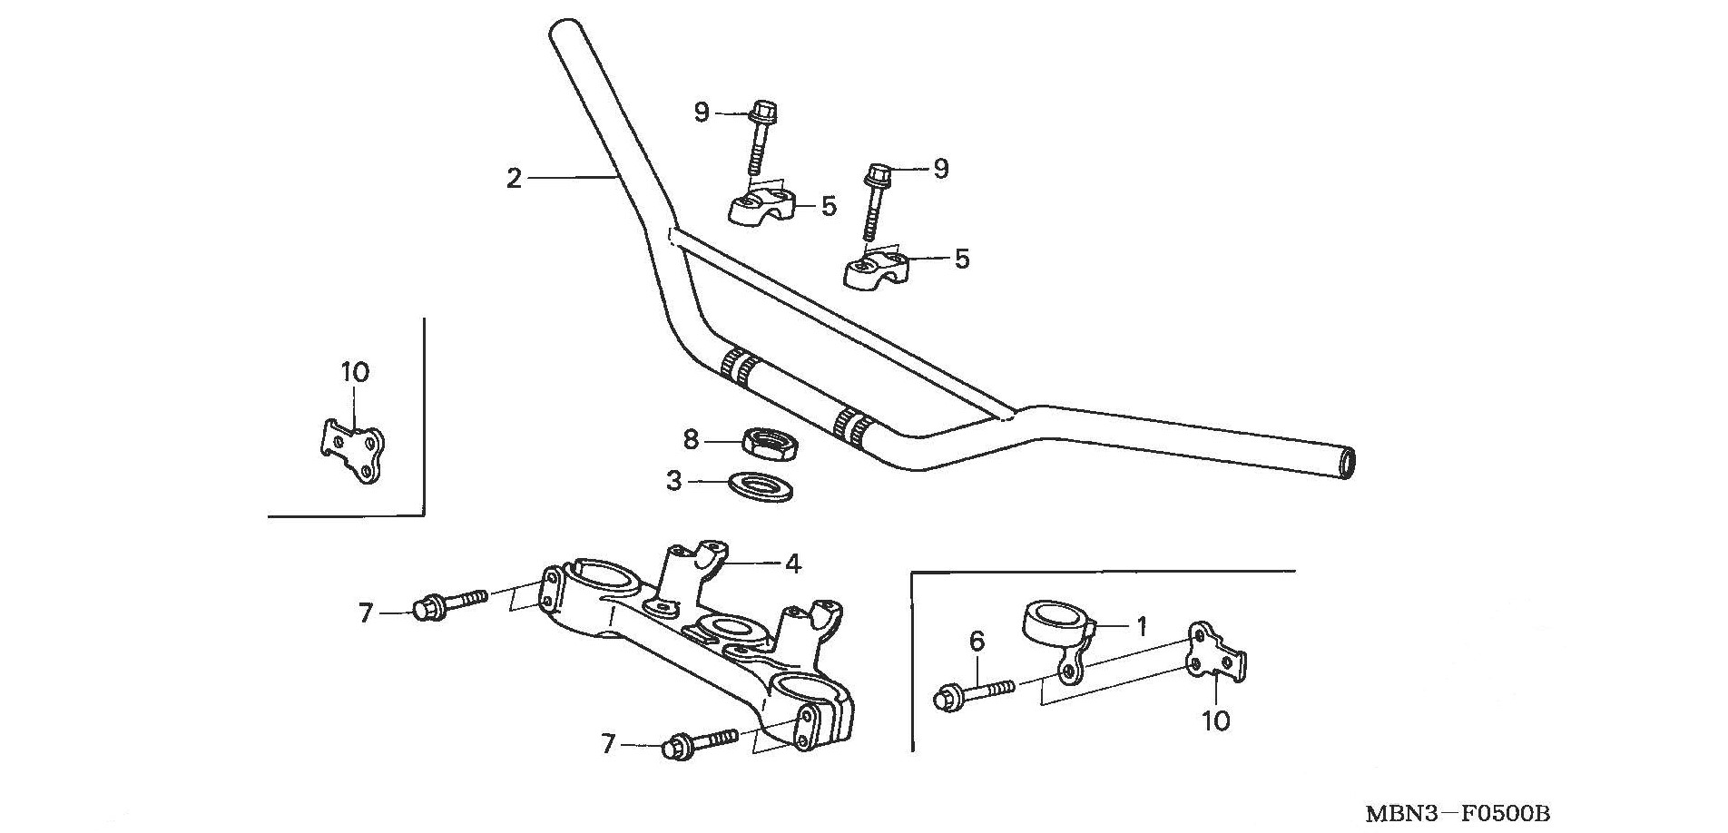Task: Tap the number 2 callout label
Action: click(514, 179)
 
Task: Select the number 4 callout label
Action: click(792, 564)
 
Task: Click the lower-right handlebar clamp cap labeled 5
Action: click(879, 268)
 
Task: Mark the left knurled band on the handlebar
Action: click(738, 366)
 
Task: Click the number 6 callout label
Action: click(977, 642)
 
